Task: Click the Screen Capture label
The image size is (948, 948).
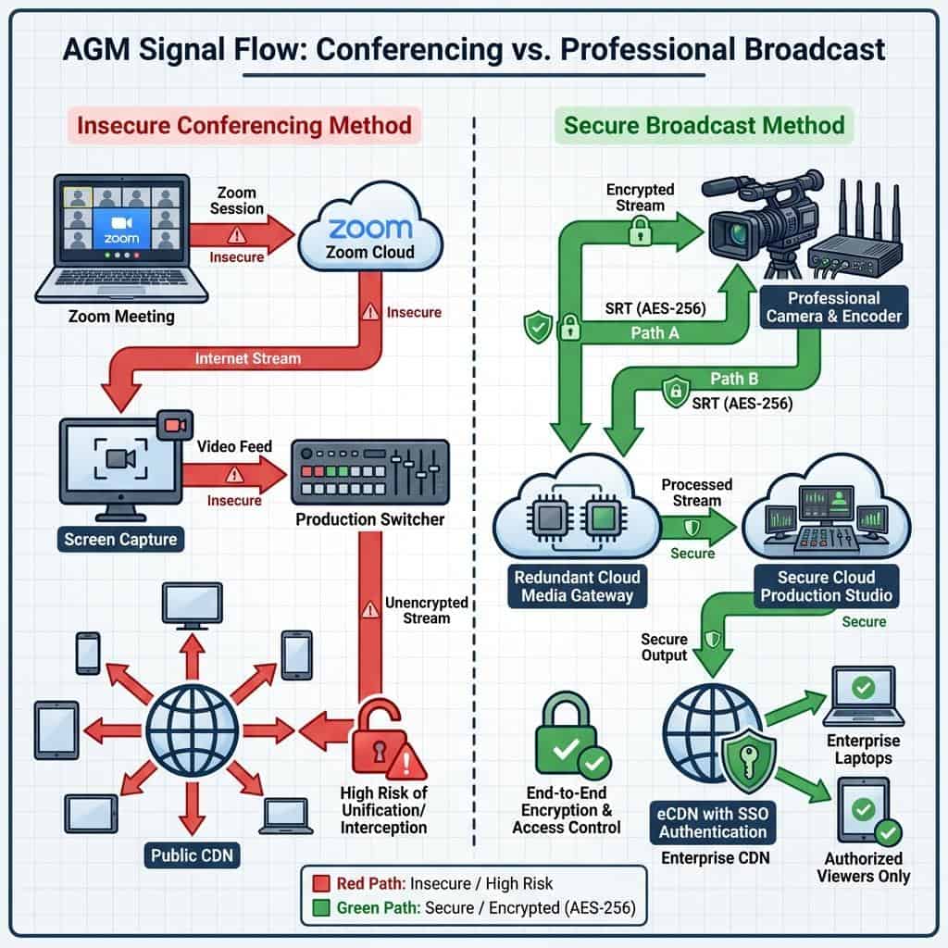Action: click(121, 539)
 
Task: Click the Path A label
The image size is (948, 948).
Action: click(655, 332)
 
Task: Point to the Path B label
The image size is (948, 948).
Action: click(735, 378)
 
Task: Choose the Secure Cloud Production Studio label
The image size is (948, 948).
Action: click(827, 585)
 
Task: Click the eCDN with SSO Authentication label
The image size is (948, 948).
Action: click(713, 822)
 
